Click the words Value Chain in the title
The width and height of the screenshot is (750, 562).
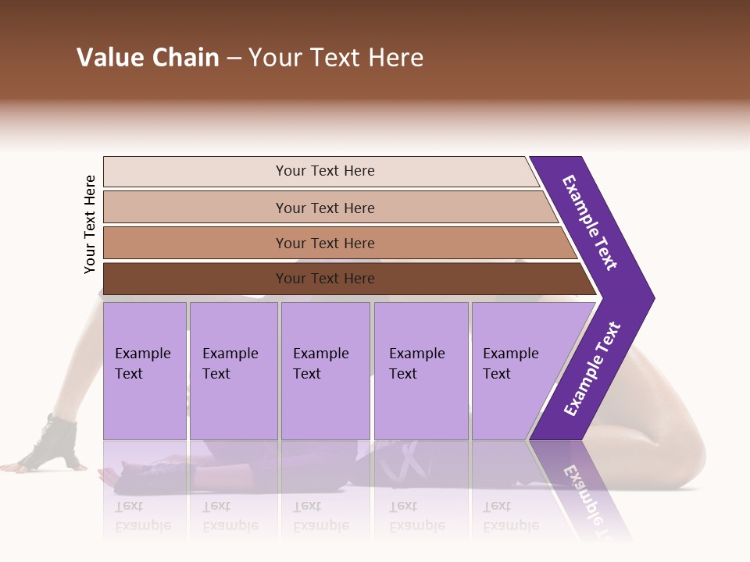(148, 58)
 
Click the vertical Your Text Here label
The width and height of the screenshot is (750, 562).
(90, 224)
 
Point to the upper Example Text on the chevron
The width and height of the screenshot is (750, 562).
(590, 222)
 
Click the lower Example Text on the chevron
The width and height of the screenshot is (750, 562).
(592, 368)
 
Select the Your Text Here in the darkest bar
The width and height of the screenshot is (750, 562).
(325, 279)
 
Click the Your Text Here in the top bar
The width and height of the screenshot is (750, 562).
(325, 171)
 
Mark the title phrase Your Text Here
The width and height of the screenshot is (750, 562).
(336, 58)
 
